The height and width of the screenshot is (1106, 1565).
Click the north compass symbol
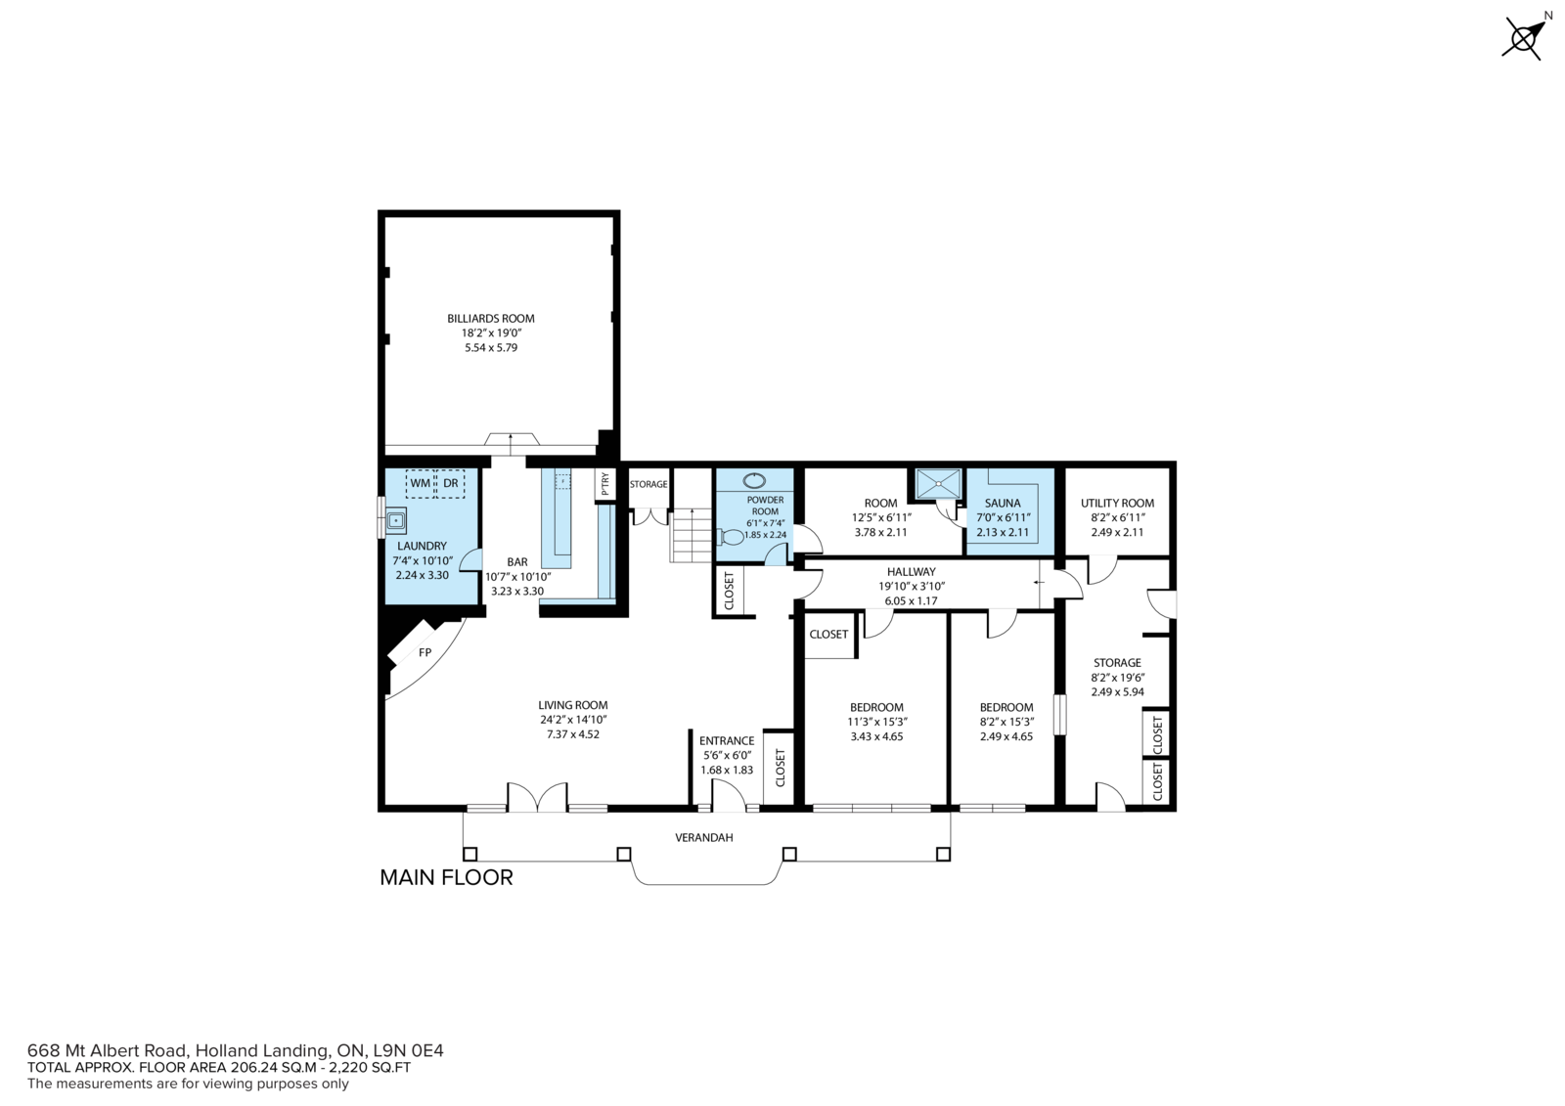[x=1524, y=36]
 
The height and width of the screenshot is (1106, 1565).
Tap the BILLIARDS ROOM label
[x=490, y=319]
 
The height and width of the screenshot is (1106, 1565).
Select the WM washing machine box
[x=420, y=483]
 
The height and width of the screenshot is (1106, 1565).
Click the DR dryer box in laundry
[x=451, y=483]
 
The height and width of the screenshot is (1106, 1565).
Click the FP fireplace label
[x=425, y=652]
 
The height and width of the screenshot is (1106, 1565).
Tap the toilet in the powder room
[x=731, y=537]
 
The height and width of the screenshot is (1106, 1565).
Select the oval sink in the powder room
[x=754, y=481]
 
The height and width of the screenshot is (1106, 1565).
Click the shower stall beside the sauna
[x=939, y=483]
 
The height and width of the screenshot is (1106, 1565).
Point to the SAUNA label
[x=1002, y=503]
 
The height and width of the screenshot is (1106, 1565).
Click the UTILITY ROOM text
[x=1117, y=503]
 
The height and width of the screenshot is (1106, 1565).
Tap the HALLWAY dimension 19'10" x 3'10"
[x=911, y=587]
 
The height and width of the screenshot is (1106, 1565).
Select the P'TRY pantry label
[x=605, y=483]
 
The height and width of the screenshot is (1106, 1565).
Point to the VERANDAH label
[x=703, y=838]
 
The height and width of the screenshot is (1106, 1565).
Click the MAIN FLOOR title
[x=446, y=877]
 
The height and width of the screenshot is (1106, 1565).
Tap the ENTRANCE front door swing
[x=729, y=795]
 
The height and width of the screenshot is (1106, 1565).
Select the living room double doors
[x=537, y=797]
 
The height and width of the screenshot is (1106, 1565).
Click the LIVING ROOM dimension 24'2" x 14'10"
[x=573, y=720]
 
